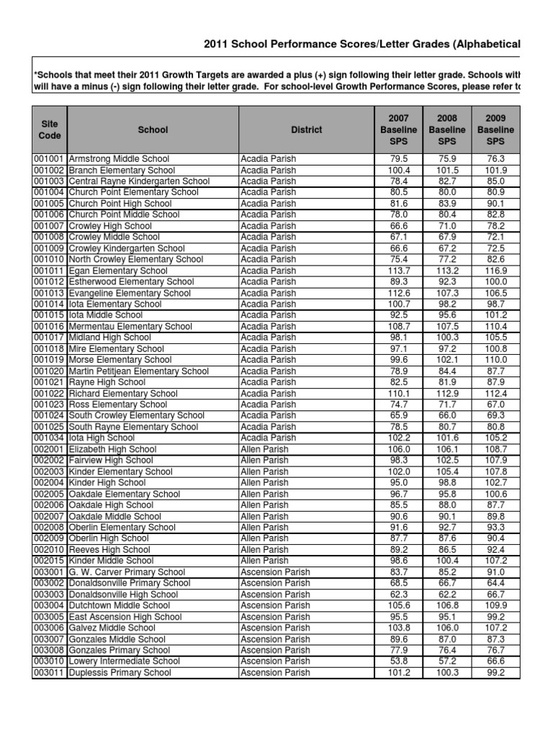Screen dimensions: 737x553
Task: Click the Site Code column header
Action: [50, 130]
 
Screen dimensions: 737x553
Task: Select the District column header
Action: [307, 130]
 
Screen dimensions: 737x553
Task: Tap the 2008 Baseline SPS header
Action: [447, 130]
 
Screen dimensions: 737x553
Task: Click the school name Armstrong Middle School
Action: [119, 159]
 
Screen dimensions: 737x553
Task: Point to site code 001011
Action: [50, 271]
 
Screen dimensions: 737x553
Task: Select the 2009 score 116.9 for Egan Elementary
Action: [495, 271]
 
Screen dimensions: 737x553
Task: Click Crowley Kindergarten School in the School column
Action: [127, 248]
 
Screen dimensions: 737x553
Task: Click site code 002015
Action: [50, 561]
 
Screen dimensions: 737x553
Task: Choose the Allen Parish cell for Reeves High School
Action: [264, 550]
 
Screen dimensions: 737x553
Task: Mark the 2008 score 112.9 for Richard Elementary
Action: [447, 394]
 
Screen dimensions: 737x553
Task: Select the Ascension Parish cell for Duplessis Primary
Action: [276, 673]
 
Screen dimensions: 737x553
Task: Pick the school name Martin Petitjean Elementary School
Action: [139, 371]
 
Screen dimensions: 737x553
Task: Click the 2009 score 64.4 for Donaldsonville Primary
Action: [495, 583]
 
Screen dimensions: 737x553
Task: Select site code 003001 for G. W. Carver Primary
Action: [50, 572]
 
